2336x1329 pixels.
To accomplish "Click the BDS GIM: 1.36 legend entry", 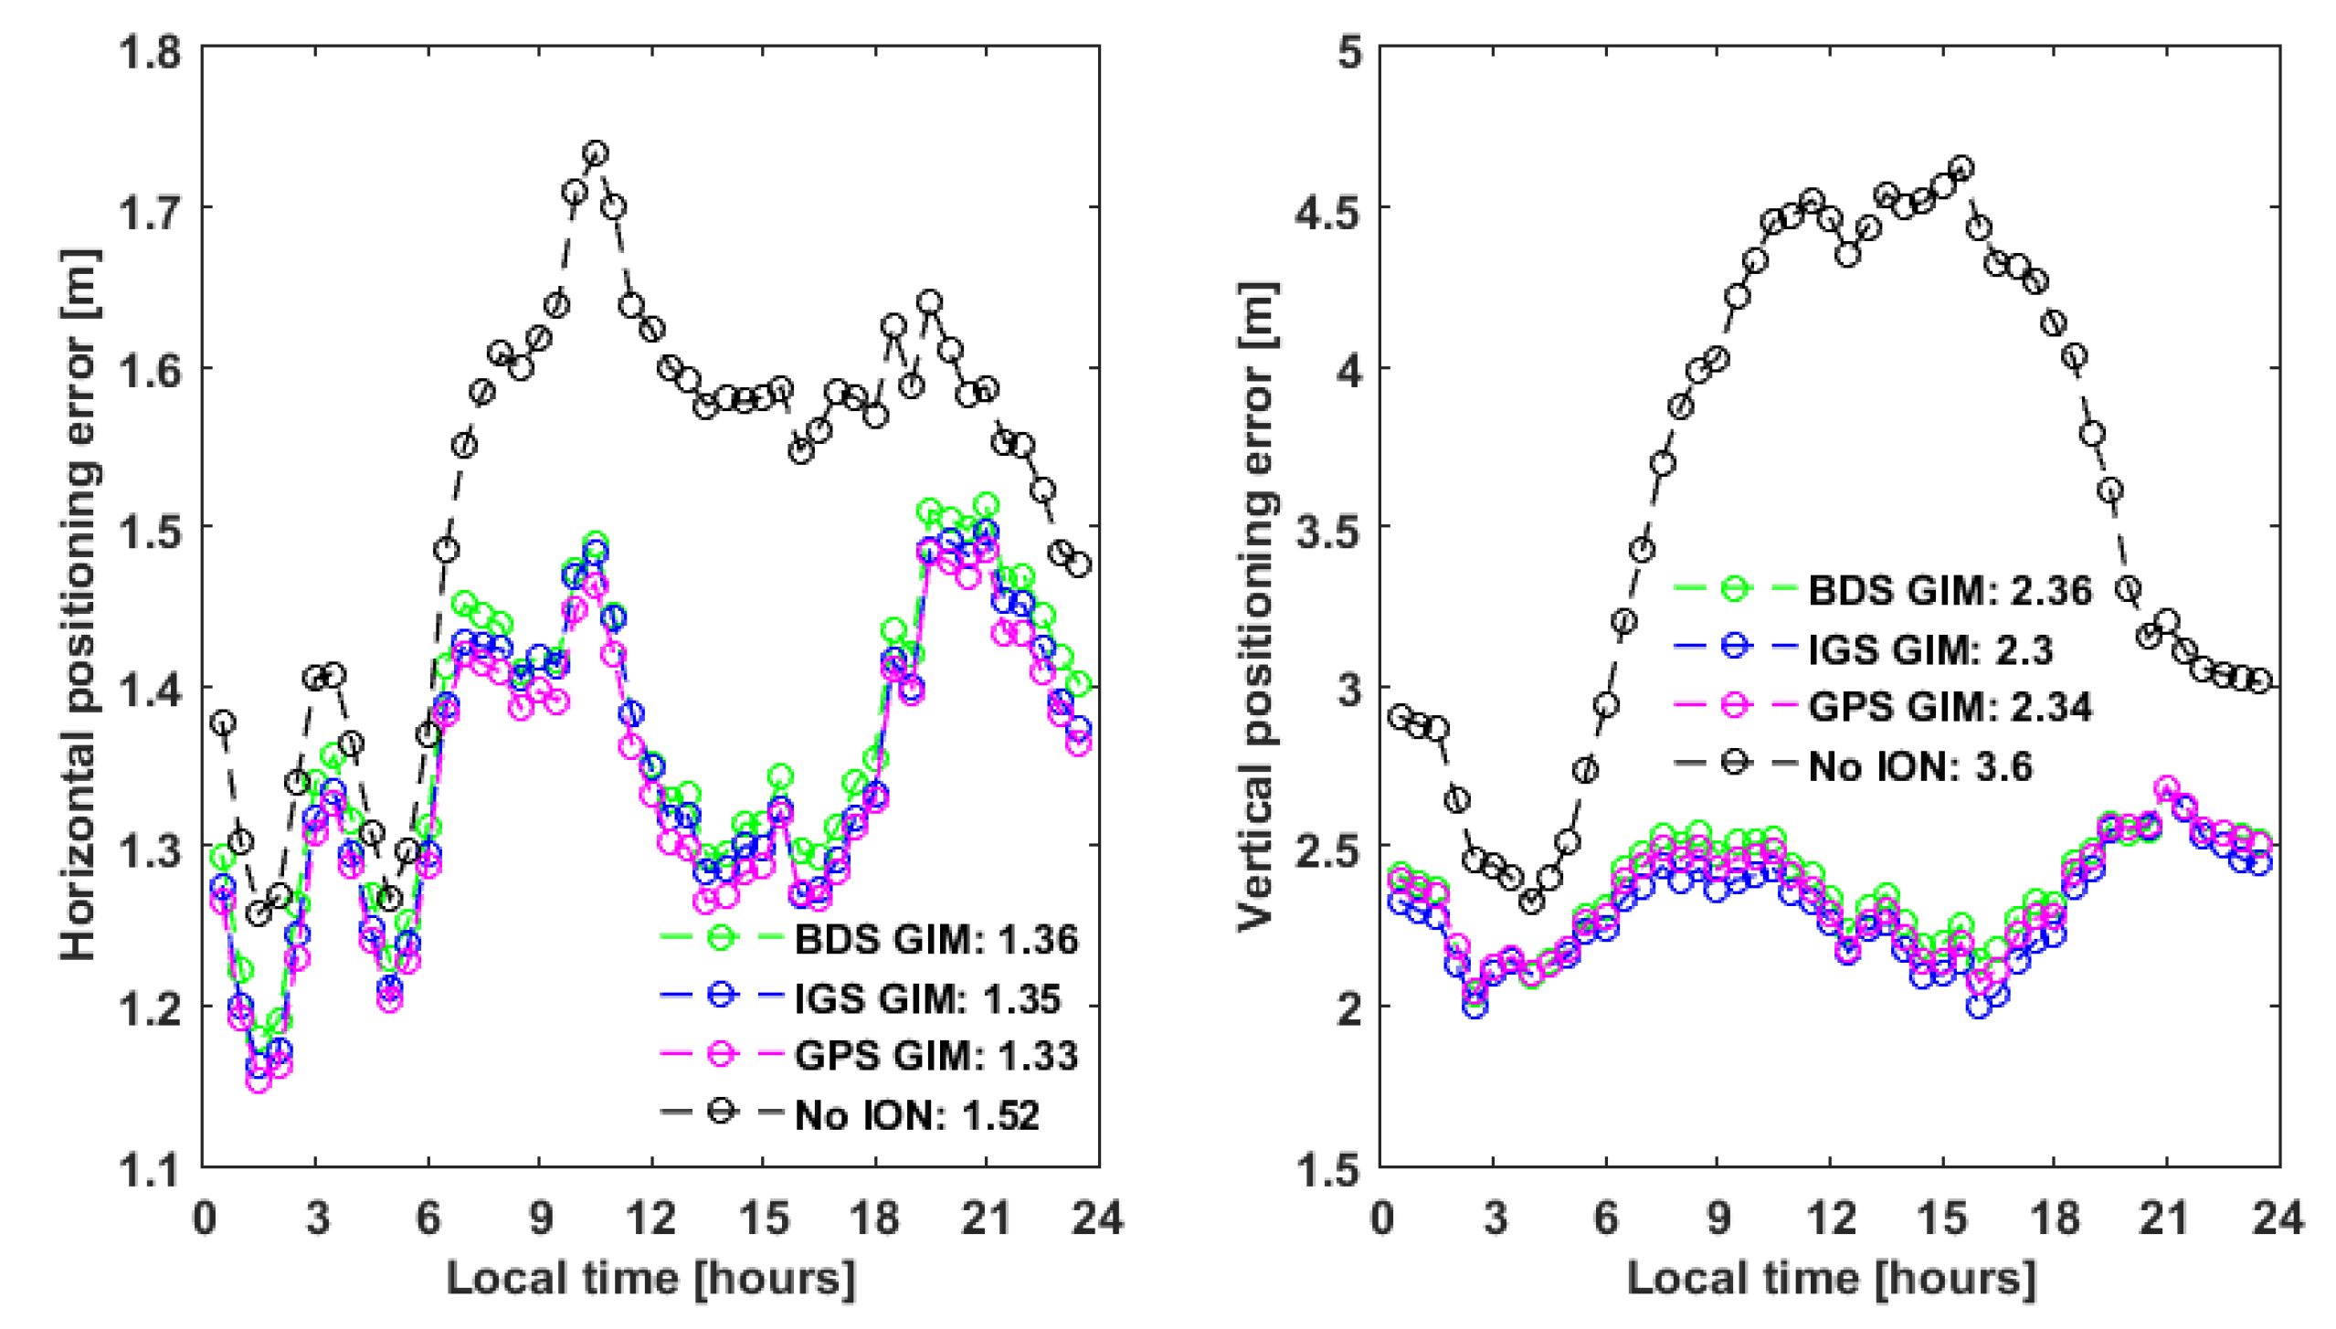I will pyautogui.click(x=935, y=939).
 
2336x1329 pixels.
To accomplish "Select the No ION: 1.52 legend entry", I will pyautogui.click(x=916, y=1114).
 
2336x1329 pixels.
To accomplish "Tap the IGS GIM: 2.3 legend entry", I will pyautogui.click(x=1930, y=649).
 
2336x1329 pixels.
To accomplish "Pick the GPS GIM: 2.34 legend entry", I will pyautogui.click(x=1949, y=707).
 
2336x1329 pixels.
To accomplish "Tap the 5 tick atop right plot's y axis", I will pyautogui.click(x=1348, y=51).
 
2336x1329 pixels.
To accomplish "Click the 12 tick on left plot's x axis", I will pyautogui.click(x=651, y=1218).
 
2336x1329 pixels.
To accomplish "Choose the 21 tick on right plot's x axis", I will pyautogui.click(x=2165, y=1218).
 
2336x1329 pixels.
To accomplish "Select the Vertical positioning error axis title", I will pyautogui.click(x=1257, y=606).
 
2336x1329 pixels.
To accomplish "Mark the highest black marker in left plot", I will pyautogui.click(x=596, y=153).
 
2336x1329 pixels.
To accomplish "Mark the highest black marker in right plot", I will pyautogui.click(x=1961, y=168).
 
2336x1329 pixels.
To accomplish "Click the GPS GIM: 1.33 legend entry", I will pyautogui.click(x=935, y=1056).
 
